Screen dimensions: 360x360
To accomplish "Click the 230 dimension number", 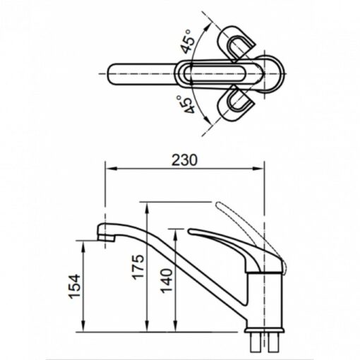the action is tap(184, 160).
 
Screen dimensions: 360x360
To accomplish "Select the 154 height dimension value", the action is tap(75, 286).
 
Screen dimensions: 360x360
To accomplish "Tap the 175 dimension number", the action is tap(138, 267).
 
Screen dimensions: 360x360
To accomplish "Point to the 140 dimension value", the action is tap(167, 281).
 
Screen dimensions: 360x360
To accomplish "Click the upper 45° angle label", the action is tap(188, 42).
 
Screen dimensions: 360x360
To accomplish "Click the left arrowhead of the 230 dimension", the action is tap(110, 168).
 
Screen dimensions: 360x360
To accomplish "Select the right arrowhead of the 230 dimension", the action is tap(258, 168).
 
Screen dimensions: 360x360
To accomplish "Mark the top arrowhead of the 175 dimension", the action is tap(147, 208).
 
